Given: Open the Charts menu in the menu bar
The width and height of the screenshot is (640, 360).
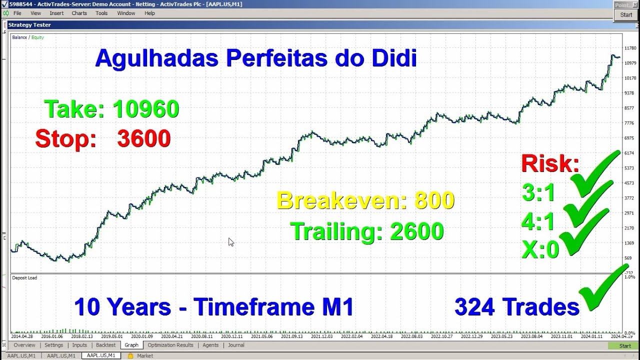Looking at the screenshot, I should coord(79,13).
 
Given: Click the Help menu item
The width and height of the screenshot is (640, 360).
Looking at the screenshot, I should coord(149,13).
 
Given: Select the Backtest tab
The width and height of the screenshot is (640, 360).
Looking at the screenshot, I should coord(105,345).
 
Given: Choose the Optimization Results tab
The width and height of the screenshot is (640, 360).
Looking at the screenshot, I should coord(170,345).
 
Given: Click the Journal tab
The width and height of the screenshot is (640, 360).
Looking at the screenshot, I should coord(236,345).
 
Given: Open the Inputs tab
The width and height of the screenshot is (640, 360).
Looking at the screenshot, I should coord(79,345).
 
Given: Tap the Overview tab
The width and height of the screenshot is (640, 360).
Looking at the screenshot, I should coord(24,345).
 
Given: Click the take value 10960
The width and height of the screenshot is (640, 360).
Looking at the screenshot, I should coord(145,109).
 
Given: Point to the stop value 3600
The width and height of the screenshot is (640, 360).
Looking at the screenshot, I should coord(144,139).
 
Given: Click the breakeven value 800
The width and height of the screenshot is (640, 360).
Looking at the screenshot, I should coord(434,200).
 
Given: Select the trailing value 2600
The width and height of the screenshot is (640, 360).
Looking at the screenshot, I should coord(417,231).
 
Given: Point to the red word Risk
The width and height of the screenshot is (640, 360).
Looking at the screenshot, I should coord(550,163).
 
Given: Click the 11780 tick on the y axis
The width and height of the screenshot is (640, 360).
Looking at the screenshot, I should coord(630,48).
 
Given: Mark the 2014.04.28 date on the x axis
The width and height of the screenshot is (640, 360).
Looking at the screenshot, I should coord(22,336).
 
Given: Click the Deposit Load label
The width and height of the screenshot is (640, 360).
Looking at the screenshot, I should coord(24,277).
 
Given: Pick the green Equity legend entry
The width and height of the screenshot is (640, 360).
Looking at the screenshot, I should coord(38,37).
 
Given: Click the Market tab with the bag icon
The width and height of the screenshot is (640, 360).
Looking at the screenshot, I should coord(144,355).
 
